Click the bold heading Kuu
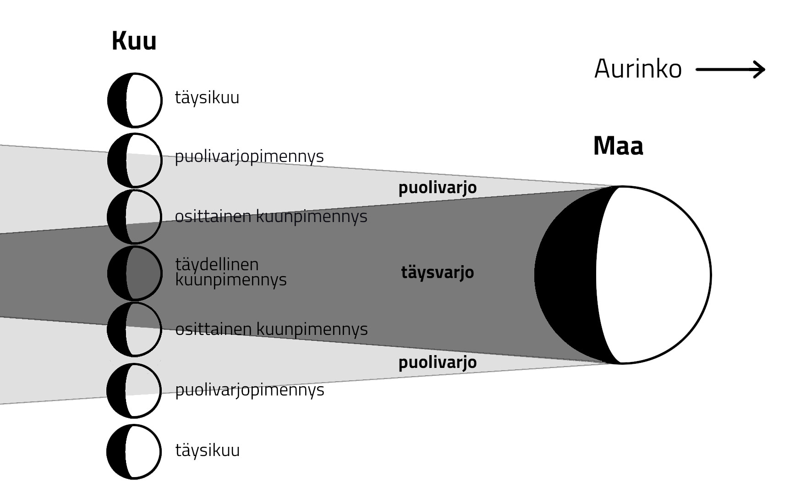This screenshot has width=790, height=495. [134, 41]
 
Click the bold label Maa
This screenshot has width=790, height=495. [618, 146]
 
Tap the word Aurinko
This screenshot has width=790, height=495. [637, 69]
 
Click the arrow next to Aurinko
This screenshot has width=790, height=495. [730, 70]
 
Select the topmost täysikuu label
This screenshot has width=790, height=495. [207, 98]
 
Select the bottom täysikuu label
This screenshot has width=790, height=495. [207, 450]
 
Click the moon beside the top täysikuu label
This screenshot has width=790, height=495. [135, 100]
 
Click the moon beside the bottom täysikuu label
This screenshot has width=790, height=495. [134, 452]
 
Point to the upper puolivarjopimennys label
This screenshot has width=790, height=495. [249, 156]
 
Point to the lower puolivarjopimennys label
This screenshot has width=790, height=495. [249, 390]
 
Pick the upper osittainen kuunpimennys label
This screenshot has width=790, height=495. [271, 216]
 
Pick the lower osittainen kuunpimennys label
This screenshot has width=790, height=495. [271, 329]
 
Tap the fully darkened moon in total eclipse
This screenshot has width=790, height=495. [135, 273]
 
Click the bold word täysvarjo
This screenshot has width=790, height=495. [437, 273]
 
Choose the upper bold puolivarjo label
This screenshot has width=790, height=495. [437, 188]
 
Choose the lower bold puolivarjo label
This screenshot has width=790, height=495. [437, 362]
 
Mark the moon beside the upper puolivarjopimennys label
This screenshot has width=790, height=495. [135, 160]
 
